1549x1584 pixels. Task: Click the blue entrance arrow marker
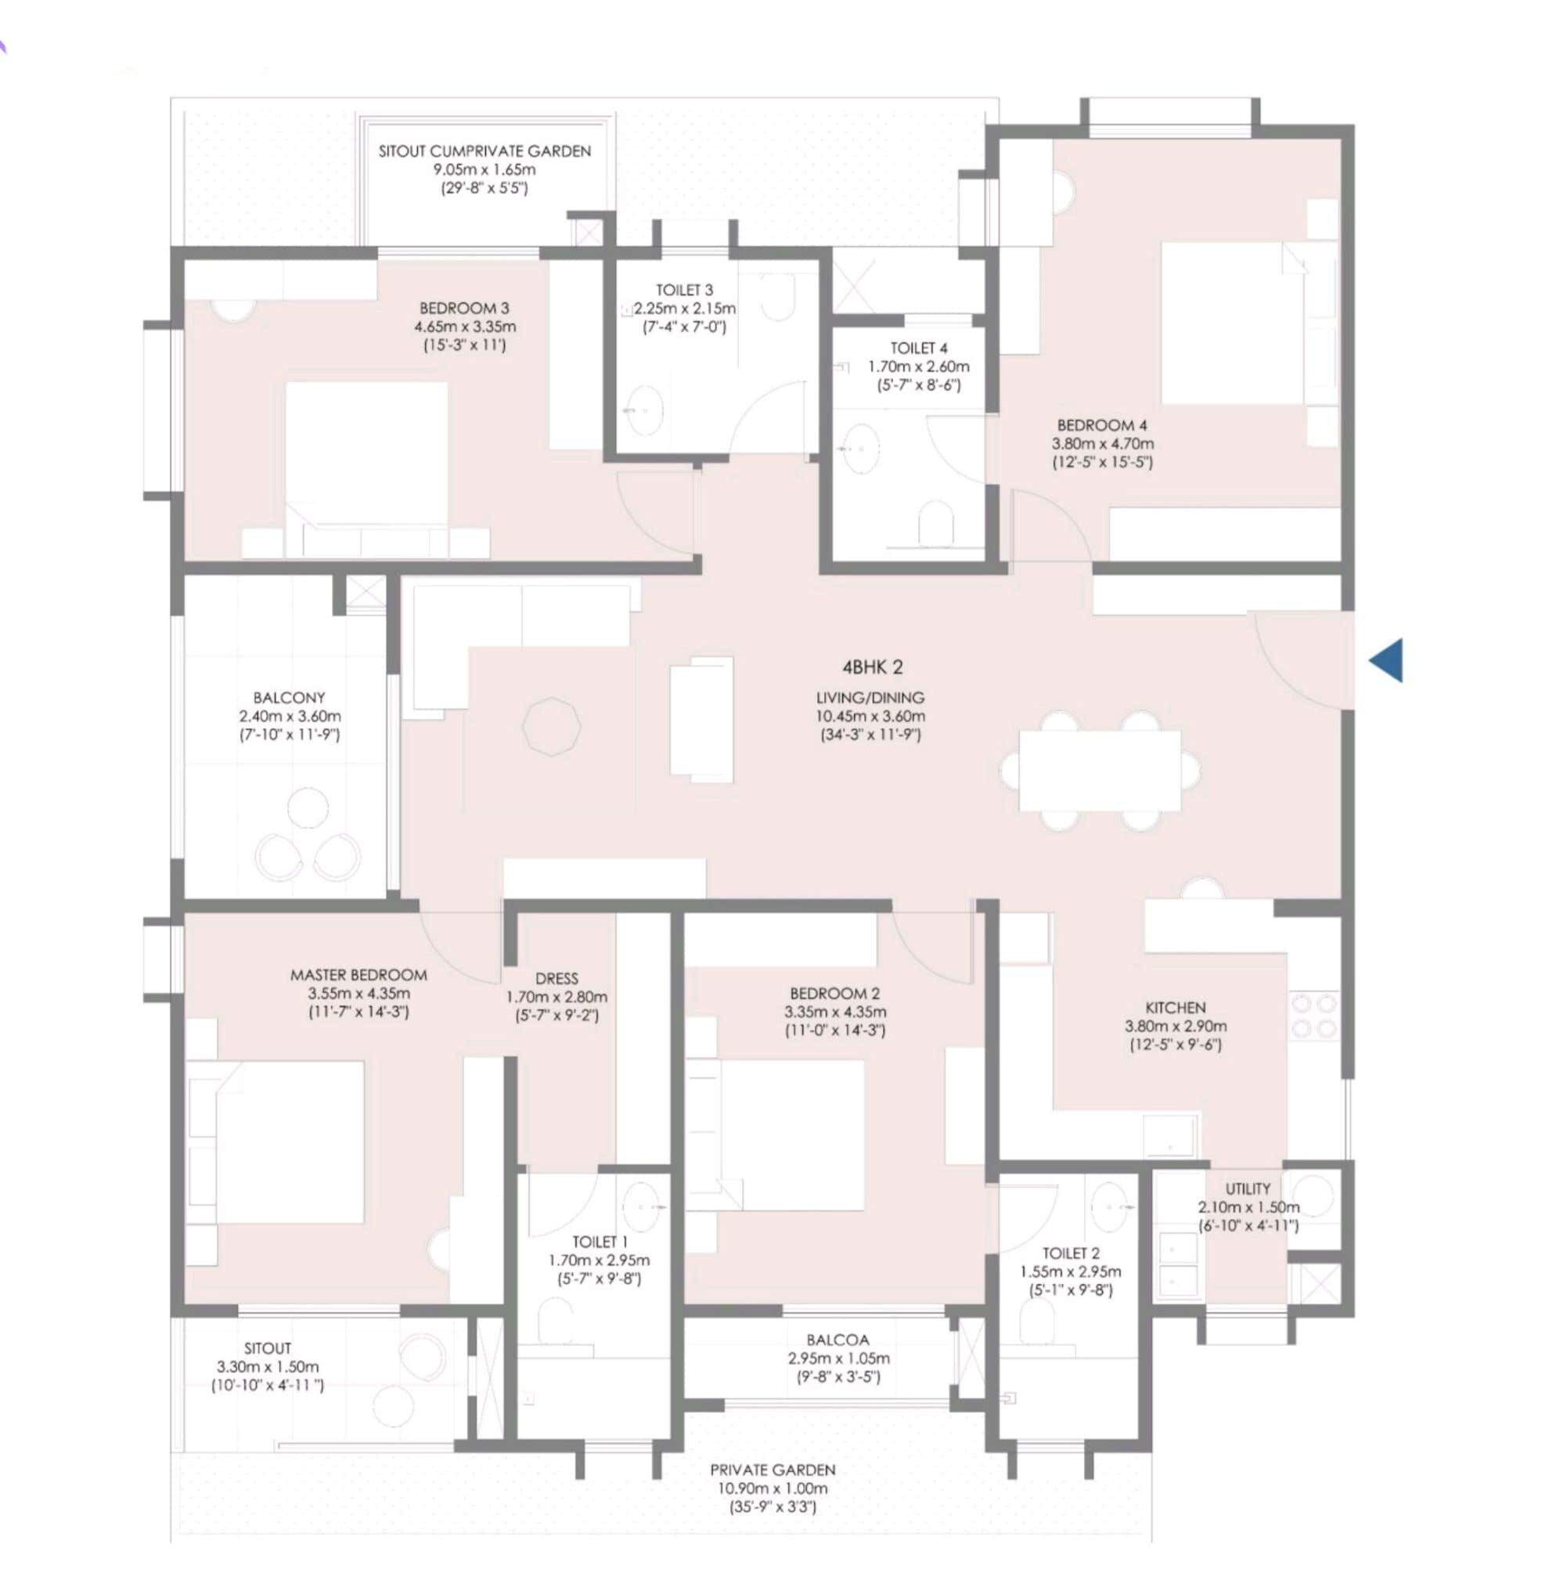[1388, 660]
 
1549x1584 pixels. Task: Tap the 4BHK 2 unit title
[872, 667]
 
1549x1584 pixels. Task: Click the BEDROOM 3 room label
[464, 309]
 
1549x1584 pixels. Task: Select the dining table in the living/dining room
[1099, 770]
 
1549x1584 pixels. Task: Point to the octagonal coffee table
[553, 726]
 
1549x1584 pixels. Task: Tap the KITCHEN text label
[1176, 1008]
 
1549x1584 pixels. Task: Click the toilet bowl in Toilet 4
[935, 521]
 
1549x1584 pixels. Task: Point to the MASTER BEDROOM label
[358, 975]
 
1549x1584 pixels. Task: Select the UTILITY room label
[1248, 1189]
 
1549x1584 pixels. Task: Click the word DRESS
[557, 979]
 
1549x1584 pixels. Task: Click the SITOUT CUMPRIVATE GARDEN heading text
[485, 151]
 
